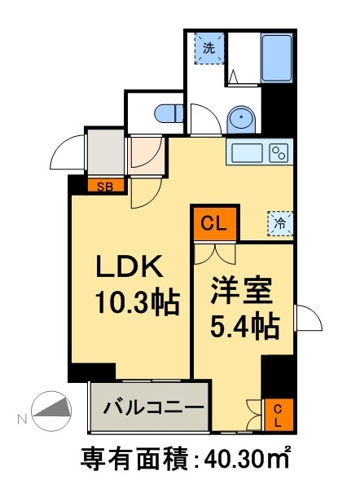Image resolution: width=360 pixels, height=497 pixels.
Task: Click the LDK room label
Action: point(132,267)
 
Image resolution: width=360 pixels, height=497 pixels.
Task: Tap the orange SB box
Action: point(107,186)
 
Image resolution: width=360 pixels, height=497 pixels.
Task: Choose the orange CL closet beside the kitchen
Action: point(214,222)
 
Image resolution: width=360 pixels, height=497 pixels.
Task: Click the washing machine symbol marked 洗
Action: point(209,48)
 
